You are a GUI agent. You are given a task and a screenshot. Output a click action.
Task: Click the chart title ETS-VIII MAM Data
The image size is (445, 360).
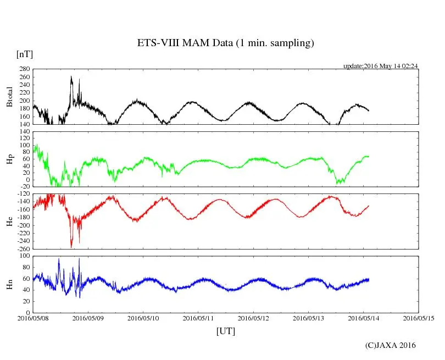225,43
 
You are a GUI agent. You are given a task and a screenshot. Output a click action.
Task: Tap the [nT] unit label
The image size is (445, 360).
25,54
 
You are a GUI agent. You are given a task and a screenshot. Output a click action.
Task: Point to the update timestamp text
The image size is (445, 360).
381,66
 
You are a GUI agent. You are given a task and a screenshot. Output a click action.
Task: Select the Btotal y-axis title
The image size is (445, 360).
9,97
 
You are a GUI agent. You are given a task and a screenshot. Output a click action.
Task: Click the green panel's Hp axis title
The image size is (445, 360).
9,159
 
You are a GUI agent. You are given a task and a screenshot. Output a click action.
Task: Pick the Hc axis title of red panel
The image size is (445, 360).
9,221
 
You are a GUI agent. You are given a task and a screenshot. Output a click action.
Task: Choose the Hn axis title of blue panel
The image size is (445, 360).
9,284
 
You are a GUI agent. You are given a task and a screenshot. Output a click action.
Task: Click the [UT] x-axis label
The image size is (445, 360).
226,331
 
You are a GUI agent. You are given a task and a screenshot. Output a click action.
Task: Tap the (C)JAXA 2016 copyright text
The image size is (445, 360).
391,345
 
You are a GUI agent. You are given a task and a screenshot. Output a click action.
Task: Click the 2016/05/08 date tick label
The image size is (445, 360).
33,318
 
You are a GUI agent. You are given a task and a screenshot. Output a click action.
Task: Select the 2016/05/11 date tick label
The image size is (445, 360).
198,318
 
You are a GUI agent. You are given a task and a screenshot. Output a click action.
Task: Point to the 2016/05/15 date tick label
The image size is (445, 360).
419,318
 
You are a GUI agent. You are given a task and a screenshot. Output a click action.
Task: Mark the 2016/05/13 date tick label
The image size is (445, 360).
309,318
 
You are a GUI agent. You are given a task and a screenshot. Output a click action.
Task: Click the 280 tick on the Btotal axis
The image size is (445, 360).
24,69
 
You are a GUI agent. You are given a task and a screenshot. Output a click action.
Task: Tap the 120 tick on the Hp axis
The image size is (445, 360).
24,132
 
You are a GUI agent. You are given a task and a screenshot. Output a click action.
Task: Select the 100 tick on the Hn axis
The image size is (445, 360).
24,256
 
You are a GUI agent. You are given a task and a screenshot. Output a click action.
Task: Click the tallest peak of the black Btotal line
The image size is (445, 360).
71,76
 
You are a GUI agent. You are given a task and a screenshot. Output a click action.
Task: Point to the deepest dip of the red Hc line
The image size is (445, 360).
71,247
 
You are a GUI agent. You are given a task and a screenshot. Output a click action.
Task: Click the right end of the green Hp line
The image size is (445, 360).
369,156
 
